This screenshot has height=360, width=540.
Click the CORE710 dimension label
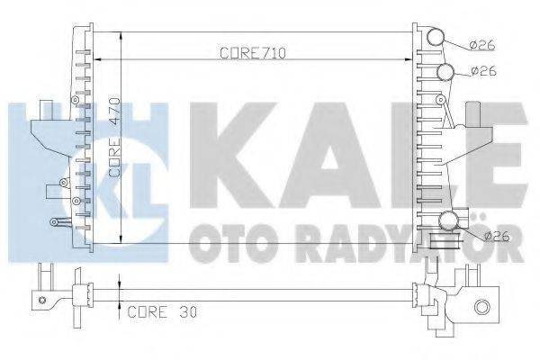pyautogui.click(x=253, y=54)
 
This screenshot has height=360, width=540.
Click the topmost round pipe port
pyautogui.click(x=436, y=37)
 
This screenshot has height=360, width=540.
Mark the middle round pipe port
pyautogui.click(x=445, y=72)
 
